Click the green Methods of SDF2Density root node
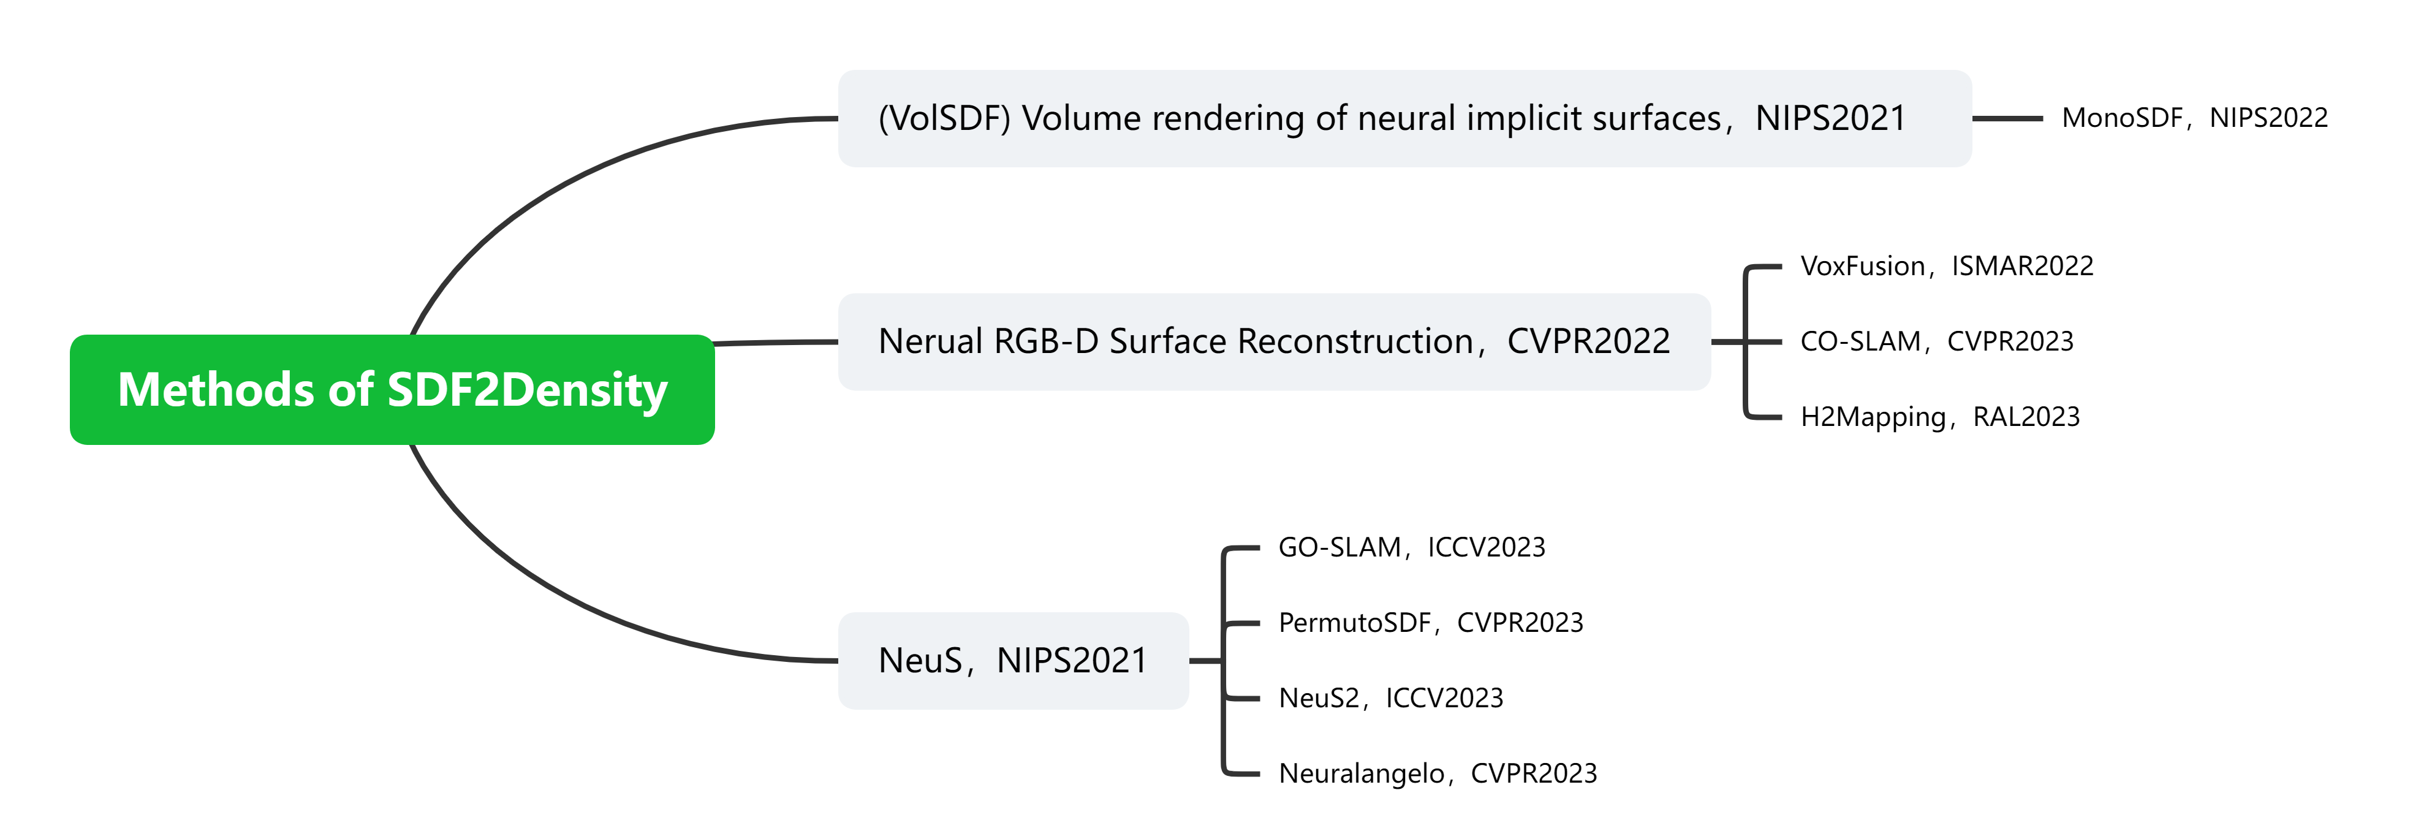click(392, 389)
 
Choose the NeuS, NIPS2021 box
click(1012, 660)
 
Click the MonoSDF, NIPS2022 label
click(2194, 118)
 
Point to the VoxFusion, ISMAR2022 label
click(1946, 266)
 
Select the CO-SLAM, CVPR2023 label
click(1936, 341)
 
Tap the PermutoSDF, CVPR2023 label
click(1430, 622)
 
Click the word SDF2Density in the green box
click(526, 389)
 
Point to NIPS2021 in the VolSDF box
click(1830, 118)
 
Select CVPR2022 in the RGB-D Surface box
click(1588, 341)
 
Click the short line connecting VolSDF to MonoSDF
click(2007, 118)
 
